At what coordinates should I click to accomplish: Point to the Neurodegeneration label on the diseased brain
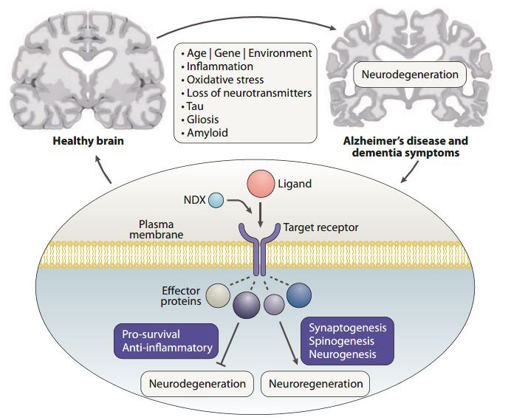point(410,74)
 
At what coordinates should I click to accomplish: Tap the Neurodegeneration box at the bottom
point(197,384)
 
